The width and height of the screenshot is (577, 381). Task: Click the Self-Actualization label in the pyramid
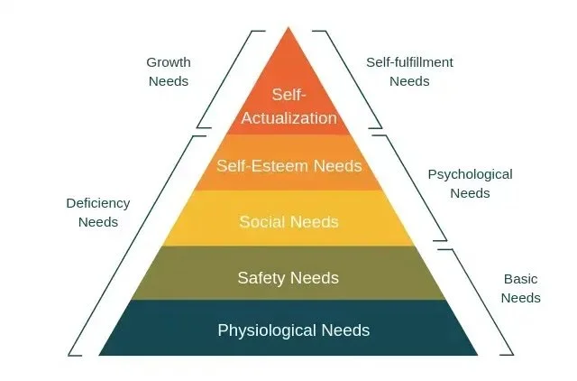click(288, 106)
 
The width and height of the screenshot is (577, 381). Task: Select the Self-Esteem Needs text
click(288, 166)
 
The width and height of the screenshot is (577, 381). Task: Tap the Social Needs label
click(288, 221)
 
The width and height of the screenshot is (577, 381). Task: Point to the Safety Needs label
click(288, 277)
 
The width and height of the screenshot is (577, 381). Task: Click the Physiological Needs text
click(293, 330)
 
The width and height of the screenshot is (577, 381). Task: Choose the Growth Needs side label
click(169, 71)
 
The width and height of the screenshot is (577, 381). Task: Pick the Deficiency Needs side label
click(98, 212)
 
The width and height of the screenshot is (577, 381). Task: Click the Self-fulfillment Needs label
click(409, 71)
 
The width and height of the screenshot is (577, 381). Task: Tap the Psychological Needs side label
click(470, 183)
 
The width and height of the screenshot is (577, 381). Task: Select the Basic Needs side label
click(520, 289)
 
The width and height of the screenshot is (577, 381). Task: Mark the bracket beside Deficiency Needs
click(131, 244)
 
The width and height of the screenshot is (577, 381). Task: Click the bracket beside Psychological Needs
click(411, 188)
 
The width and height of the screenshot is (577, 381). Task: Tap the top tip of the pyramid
click(288, 29)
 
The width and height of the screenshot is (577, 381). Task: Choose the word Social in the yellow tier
click(261, 221)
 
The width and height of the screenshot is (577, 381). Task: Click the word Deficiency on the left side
click(98, 203)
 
